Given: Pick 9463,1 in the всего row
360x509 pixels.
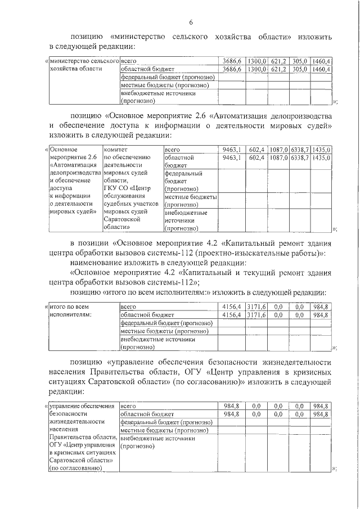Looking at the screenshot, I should click(x=231, y=150).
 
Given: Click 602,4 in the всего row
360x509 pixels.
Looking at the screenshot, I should click(x=256, y=150).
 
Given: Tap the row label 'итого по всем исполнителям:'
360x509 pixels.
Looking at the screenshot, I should click(x=70, y=310).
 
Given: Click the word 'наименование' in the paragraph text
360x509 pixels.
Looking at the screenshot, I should click(x=97, y=263).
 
